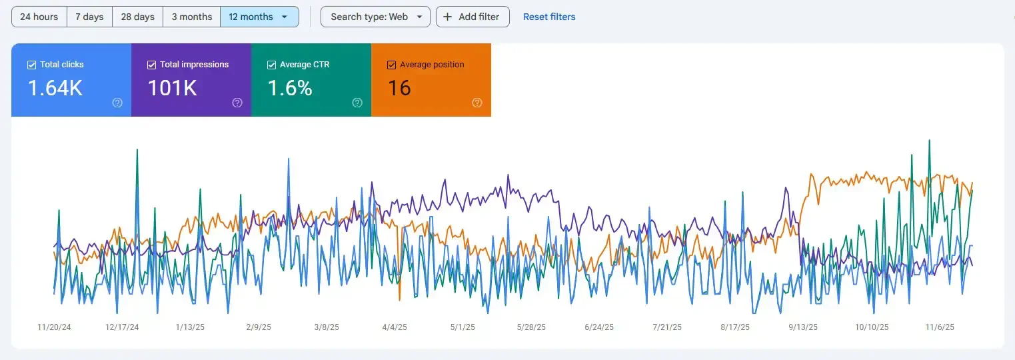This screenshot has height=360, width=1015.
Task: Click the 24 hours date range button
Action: (39, 17)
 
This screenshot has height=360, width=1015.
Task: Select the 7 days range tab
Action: (89, 17)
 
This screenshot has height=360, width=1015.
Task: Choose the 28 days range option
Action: (137, 17)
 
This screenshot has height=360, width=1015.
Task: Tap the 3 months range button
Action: (191, 17)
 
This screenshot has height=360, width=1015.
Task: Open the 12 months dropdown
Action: (259, 17)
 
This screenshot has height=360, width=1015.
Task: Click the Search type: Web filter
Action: (375, 17)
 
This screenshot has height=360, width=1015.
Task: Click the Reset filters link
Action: (548, 17)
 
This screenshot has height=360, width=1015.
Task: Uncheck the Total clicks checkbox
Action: (31, 65)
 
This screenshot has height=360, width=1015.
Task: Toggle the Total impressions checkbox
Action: (151, 65)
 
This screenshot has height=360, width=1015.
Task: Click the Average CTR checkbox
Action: (271, 65)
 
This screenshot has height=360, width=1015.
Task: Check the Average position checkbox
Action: (391, 65)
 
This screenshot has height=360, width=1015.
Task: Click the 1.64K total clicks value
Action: (55, 88)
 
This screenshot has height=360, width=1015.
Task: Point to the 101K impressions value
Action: (172, 88)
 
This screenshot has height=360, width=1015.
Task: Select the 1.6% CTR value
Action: (290, 88)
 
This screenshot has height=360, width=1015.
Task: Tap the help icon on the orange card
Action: (477, 103)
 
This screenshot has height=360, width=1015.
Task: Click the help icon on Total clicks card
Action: (117, 103)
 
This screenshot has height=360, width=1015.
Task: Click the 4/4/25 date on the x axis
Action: (395, 327)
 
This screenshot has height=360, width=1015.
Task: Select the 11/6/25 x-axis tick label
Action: (940, 327)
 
